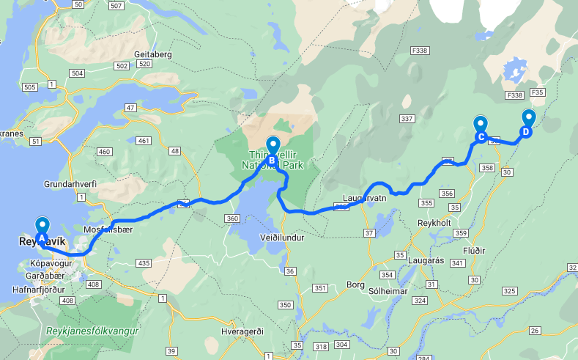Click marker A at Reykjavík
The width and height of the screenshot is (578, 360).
pyautogui.click(x=42, y=228)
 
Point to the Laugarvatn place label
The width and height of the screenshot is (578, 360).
pyautogui.click(x=364, y=198)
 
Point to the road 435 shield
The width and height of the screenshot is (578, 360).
pyautogui.click(x=144, y=263)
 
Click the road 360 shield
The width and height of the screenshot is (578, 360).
pyautogui.click(x=233, y=218)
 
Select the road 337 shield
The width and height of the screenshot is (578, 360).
pyautogui.click(x=408, y=119)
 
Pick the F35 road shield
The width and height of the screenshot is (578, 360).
pyautogui.click(x=537, y=92)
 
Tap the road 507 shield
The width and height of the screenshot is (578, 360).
pyautogui.click(x=116, y=6)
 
